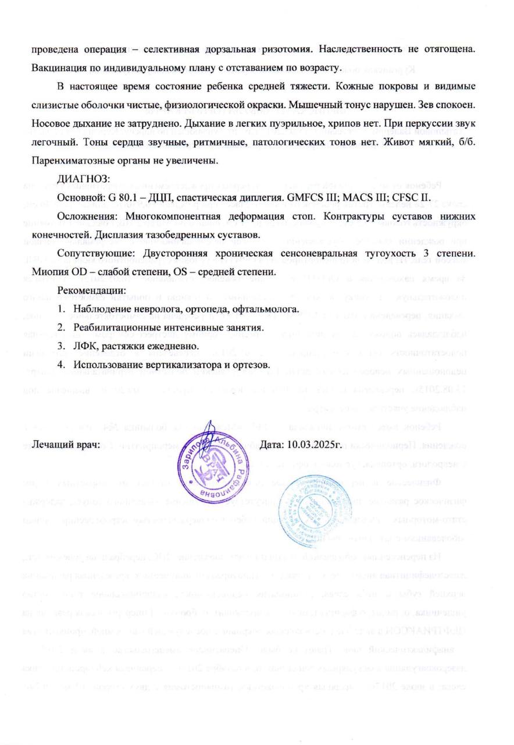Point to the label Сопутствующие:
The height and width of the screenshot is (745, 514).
coord(92,254)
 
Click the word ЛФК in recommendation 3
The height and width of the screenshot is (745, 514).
coord(84,346)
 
